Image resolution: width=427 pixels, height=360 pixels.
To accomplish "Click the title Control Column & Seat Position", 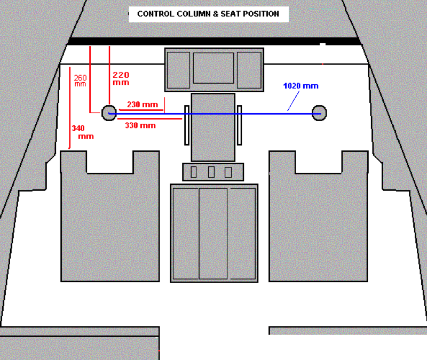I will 208,14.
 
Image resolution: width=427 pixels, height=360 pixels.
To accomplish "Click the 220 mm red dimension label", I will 121,78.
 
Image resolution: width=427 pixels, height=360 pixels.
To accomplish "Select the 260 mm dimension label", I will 80,81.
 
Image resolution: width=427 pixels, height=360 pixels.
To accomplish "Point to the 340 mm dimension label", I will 82,132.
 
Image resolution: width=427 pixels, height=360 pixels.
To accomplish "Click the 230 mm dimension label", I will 142,105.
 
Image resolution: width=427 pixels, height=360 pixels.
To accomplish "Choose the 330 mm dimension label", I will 140,125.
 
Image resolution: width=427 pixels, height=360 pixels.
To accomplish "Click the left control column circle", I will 109,113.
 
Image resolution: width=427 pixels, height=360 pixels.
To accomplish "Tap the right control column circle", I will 319,113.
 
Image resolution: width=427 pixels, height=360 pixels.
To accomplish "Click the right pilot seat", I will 318,224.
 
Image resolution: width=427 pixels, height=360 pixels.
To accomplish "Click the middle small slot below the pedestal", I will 211,172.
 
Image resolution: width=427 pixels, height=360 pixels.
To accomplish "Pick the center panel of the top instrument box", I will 213,68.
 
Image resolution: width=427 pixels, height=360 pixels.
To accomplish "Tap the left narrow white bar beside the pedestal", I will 187,125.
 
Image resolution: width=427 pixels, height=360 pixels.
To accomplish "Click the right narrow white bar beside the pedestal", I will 240,125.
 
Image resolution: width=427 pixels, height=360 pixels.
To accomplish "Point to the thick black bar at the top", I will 213,41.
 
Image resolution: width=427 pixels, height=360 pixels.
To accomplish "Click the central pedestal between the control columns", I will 213,127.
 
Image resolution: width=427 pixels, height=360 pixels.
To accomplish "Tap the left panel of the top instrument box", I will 178,70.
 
